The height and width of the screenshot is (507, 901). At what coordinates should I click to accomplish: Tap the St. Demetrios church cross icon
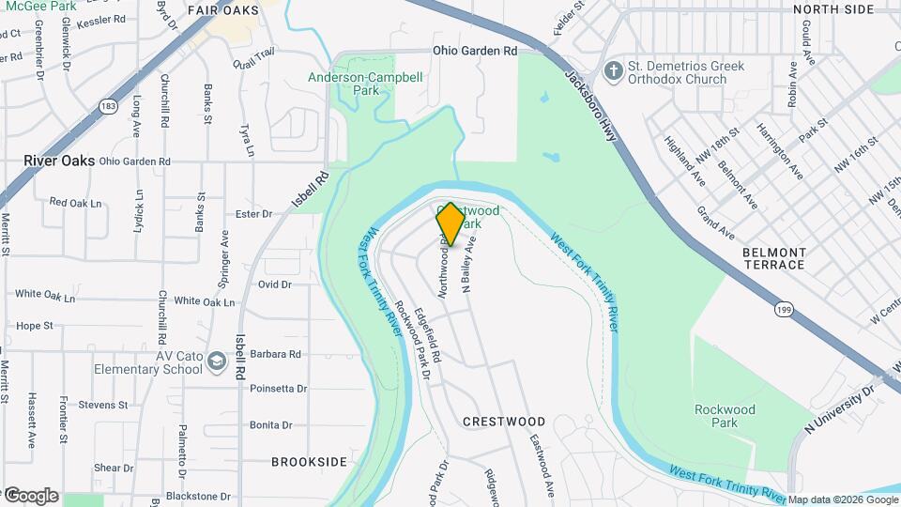(x=614, y=71)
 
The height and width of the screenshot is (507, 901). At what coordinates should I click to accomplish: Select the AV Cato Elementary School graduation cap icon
(x=217, y=362)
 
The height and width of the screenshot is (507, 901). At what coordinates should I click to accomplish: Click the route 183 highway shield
(x=110, y=106)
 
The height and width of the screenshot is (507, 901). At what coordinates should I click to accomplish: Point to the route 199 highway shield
(x=782, y=307)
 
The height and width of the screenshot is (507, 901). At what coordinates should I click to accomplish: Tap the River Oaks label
(x=59, y=161)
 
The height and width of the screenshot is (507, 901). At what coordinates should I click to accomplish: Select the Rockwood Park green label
(x=725, y=416)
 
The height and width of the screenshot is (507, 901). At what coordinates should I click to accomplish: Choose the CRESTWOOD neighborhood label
(x=504, y=422)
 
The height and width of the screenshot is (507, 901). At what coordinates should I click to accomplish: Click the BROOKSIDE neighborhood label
(x=309, y=462)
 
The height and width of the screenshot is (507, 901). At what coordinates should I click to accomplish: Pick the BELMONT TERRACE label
(x=773, y=258)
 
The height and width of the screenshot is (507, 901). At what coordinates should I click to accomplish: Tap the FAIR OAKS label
(x=222, y=10)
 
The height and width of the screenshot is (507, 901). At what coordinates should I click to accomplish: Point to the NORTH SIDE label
(x=833, y=9)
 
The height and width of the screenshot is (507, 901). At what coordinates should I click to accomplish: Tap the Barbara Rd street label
(x=275, y=355)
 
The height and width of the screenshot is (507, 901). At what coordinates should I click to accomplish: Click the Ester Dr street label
(x=253, y=214)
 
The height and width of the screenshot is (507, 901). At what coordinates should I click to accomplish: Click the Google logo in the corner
(x=30, y=495)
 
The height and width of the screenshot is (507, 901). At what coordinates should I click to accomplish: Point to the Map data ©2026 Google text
(x=842, y=499)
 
